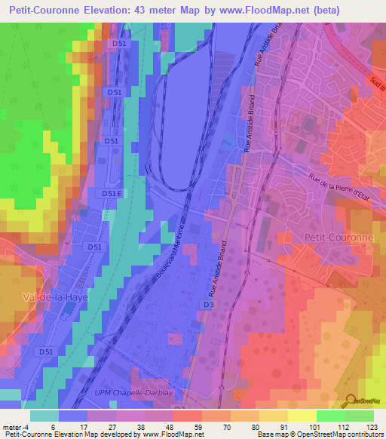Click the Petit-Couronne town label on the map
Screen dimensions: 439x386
(339, 237)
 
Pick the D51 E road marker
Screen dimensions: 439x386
(111, 194)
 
